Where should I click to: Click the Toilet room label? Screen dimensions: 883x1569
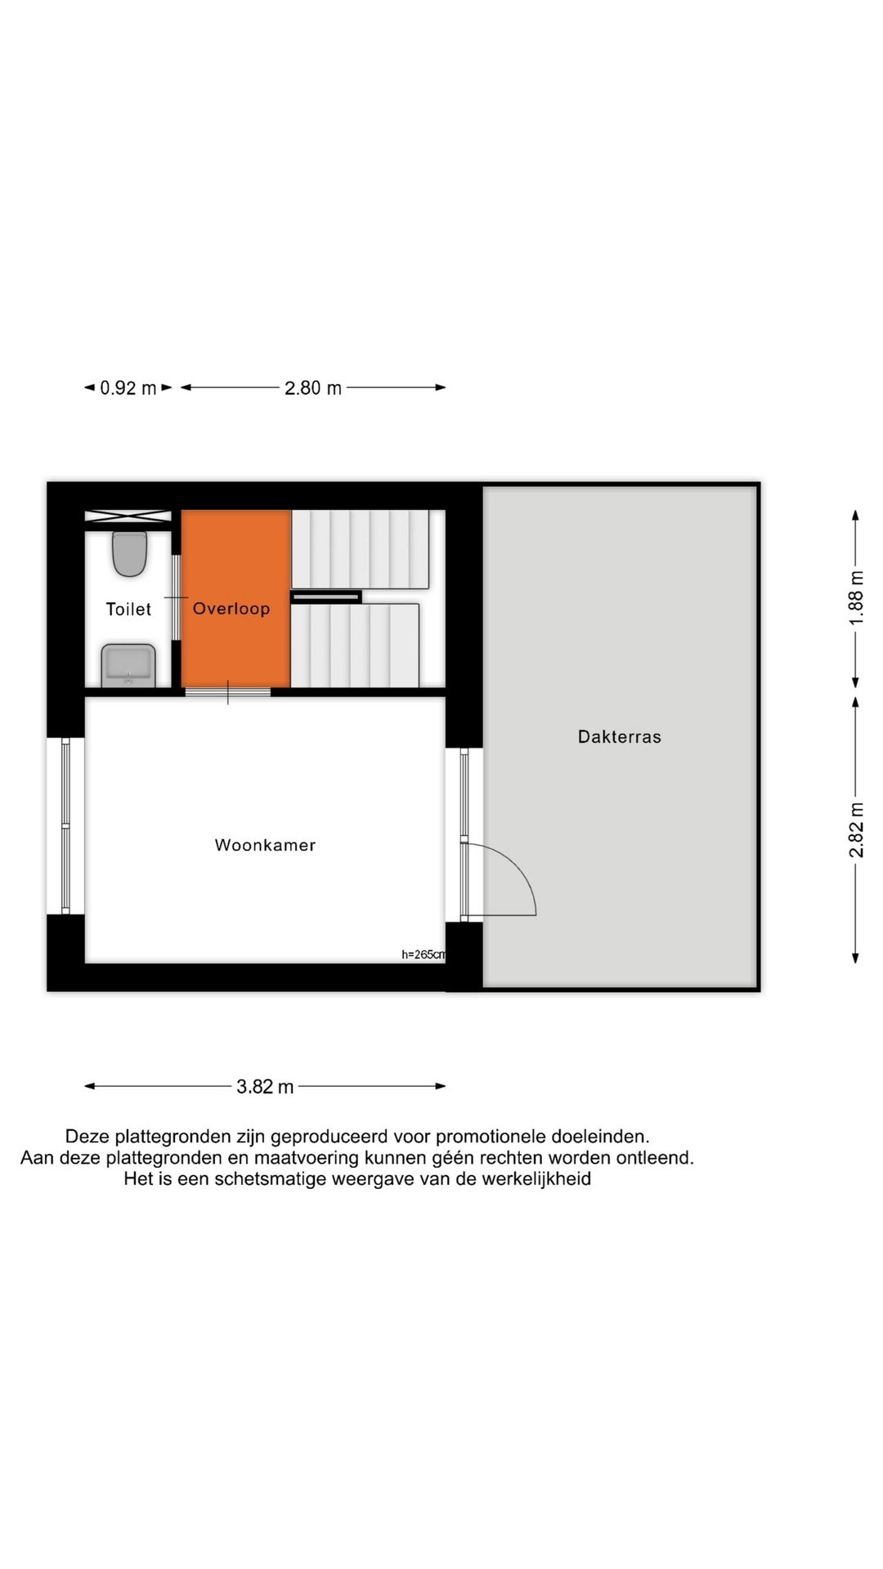tap(128, 609)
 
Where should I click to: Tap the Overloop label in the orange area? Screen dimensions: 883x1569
tap(231, 608)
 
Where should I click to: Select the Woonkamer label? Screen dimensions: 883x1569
tap(265, 845)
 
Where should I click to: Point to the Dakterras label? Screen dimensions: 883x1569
tap(619, 736)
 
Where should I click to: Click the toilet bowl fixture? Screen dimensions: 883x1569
tap(129, 553)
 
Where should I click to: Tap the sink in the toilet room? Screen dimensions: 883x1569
tap(128, 665)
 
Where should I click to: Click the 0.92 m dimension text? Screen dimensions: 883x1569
tap(128, 388)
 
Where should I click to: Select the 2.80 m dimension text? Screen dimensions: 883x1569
tap(313, 388)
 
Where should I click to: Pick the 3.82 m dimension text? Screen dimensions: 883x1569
tap(265, 1087)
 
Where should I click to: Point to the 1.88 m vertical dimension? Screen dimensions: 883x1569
tap(856, 597)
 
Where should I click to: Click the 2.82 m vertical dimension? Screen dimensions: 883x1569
tap(856, 830)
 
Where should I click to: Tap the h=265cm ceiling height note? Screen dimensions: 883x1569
tap(424, 954)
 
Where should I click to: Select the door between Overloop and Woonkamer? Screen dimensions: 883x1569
tap(227, 692)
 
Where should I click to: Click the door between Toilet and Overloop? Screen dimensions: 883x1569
tap(176, 597)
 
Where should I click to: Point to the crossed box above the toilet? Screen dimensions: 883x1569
tap(128, 516)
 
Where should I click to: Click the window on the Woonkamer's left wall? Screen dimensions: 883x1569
tap(66, 826)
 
